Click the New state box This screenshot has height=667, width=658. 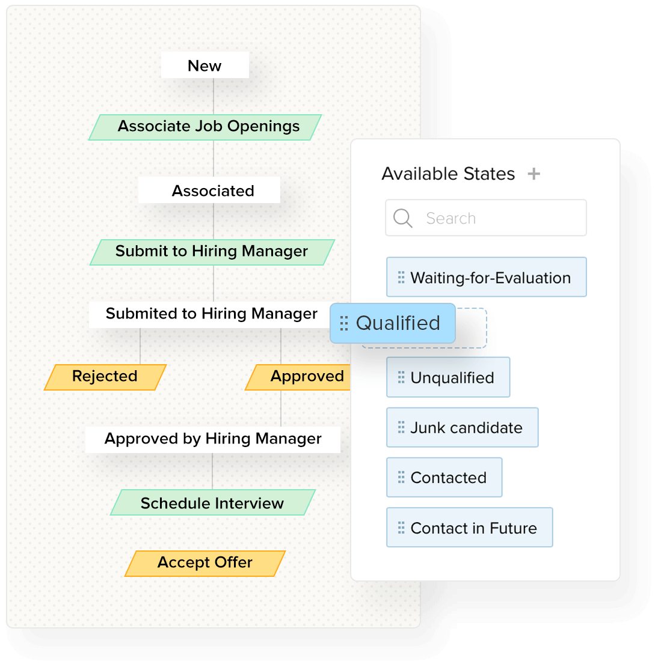point(204,65)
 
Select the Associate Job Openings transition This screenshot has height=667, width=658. point(206,127)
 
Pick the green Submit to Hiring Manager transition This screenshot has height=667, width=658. point(212,252)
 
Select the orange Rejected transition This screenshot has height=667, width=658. point(105,377)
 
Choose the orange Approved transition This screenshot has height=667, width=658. point(301,377)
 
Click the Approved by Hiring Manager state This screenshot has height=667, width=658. point(213,439)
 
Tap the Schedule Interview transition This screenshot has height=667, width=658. point(212,503)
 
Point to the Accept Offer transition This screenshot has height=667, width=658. point(205,563)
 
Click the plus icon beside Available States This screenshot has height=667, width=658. point(533,174)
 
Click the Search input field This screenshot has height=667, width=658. point(499,218)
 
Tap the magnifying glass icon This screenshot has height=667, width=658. point(402,218)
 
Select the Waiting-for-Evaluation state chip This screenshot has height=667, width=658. point(486,278)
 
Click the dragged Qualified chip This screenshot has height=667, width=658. point(393,323)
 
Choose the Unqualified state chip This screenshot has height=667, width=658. point(448,377)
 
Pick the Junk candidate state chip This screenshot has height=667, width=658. point(462,428)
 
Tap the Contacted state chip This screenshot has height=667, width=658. point(444,478)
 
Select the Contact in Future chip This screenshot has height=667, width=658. point(469,528)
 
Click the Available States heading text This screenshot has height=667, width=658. point(448,174)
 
